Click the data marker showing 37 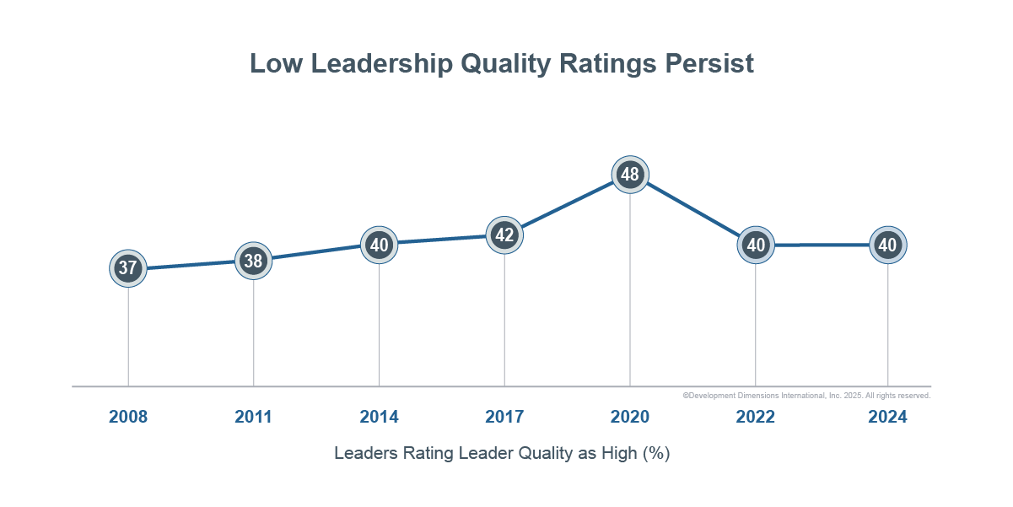(x=128, y=268)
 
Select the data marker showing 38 (x=253, y=261)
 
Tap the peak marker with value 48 (x=630, y=175)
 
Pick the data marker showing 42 (x=504, y=235)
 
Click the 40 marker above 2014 (x=379, y=245)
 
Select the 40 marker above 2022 (x=756, y=245)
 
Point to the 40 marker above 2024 (x=887, y=245)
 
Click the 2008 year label (x=128, y=417)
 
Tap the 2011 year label (x=253, y=417)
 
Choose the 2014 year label (x=379, y=417)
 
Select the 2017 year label (x=504, y=417)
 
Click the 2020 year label (x=630, y=417)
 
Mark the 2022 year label (x=756, y=417)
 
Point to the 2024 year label (x=887, y=417)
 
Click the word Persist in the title (x=709, y=64)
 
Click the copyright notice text (x=806, y=395)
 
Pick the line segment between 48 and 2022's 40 (x=693, y=210)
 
